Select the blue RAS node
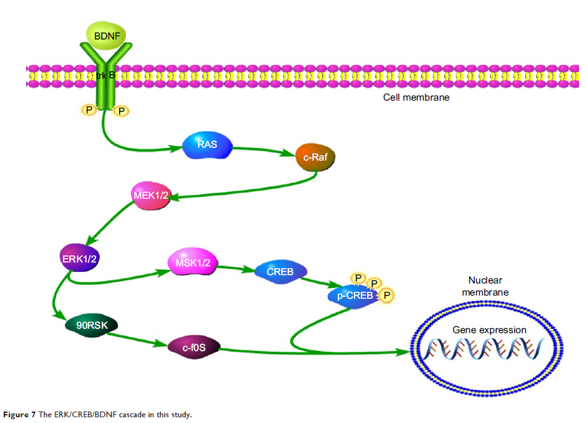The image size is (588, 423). (206, 145)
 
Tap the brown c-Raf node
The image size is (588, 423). (315, 156)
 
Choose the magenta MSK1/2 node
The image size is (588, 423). (192, 262)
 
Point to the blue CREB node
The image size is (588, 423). (281, 272)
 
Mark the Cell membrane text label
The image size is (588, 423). (416, 97)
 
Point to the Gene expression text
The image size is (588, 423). (489, 330)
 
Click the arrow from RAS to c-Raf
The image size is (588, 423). (263, 150)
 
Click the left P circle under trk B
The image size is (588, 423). (88, 111)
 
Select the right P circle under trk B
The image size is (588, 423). (120, 111)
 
